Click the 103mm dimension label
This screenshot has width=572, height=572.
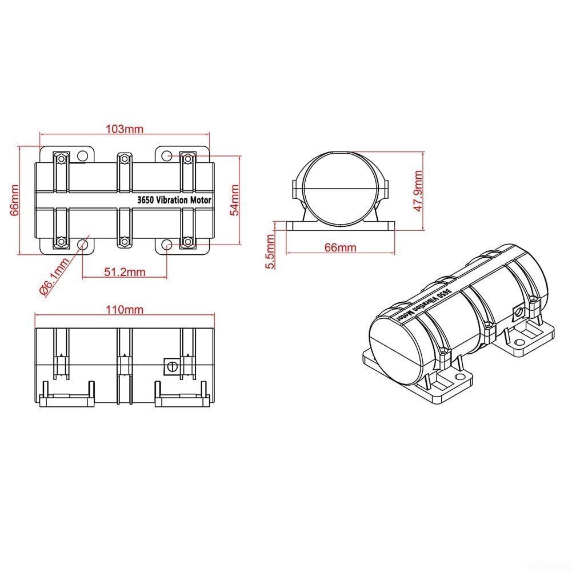(125, 129)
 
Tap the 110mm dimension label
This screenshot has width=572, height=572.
(125, 310)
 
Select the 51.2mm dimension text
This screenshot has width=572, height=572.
(125, 272)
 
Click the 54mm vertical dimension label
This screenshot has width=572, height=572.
(235, 200)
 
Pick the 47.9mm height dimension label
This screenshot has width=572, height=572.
(418, 191)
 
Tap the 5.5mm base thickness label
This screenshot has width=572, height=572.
(270, 251)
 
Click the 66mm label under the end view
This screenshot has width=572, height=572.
(341, 247)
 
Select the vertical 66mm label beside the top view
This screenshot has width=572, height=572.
(14, 200)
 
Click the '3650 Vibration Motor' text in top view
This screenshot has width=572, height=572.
(174, 200)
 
